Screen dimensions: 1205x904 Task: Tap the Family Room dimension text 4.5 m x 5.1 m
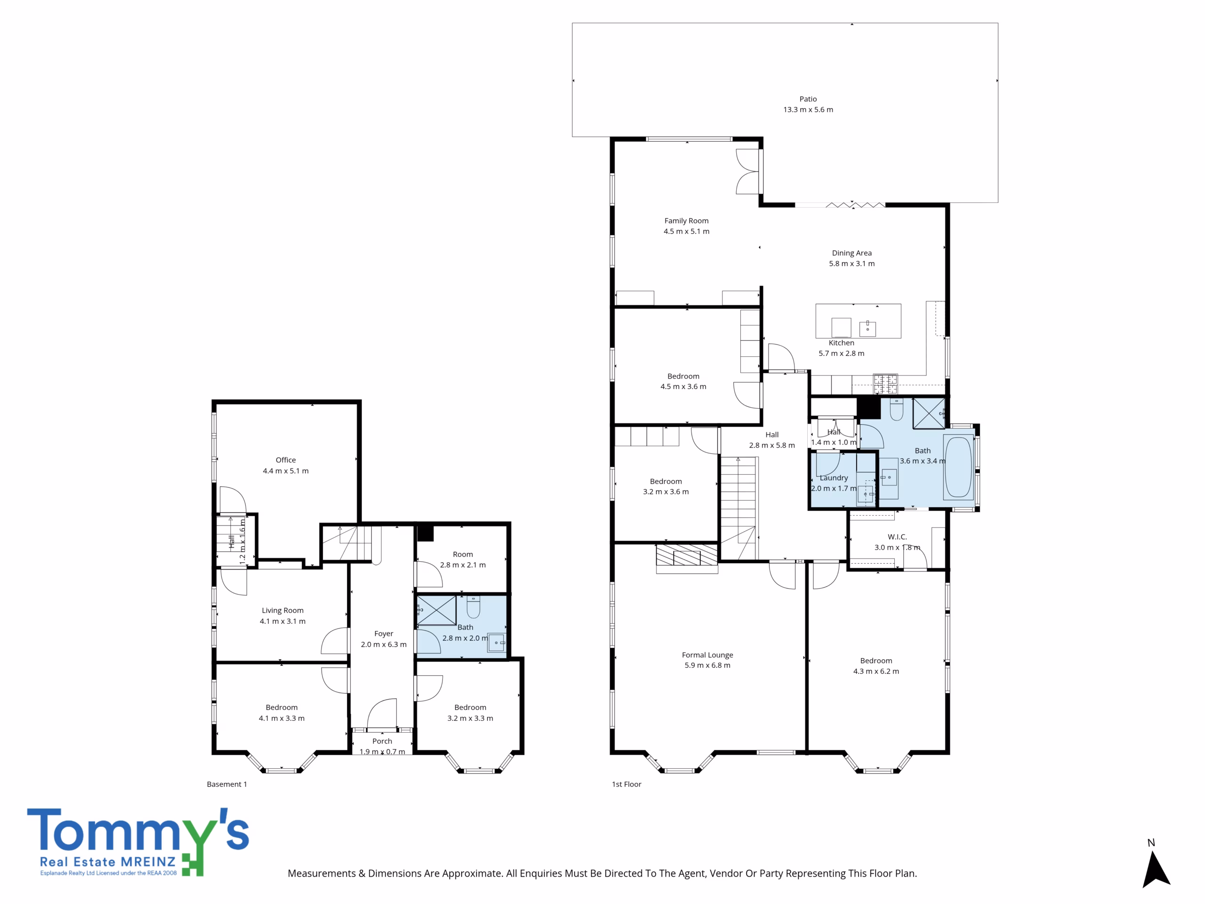(686, 231)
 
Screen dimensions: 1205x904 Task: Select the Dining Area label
(852, 253)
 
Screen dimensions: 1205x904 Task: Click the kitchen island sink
(867, 329)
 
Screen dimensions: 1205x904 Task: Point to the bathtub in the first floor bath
(958, 467)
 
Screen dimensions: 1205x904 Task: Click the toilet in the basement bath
(474, 606)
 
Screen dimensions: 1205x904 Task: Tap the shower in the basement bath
(436, 610)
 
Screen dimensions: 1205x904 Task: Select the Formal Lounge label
(707, 655)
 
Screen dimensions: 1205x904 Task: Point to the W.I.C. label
(897, 537)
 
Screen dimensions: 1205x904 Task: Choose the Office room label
(285, 460)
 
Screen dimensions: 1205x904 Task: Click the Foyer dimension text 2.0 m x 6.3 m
(384, 644)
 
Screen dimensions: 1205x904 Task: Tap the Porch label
(382, 741)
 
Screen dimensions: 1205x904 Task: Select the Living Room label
(282, 610)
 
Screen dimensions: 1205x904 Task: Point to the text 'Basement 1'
(226, 784)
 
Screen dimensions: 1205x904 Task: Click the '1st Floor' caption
(627, 784)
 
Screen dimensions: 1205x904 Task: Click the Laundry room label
(834, 478)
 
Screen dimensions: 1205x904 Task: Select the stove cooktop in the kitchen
(885, 383)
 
